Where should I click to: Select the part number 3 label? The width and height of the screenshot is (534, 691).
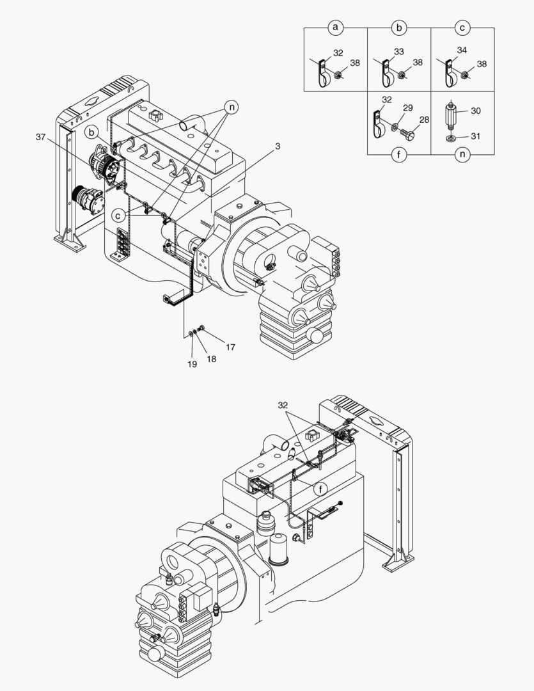pos(277,147)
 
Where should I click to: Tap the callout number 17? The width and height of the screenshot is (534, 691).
pos(230,347)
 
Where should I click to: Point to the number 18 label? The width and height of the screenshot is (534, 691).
pos(211,359)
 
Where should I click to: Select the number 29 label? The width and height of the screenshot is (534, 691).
pos(407,109)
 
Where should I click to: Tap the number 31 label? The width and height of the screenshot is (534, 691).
pos(475,136)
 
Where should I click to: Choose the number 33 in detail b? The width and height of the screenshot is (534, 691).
pos(398,51)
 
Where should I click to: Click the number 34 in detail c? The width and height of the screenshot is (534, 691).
pos(461,50)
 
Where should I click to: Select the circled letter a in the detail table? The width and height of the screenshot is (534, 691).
pos(335,28)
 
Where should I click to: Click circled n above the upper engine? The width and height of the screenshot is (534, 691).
pos(231,107)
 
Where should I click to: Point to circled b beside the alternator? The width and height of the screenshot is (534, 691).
pos(93,132)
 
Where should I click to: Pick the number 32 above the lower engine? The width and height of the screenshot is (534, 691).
pos(284,406)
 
